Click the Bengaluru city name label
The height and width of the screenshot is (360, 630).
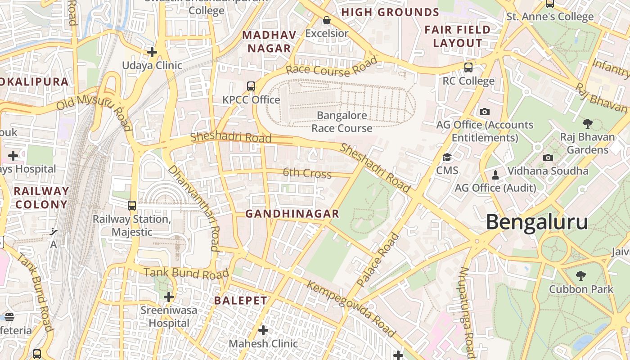pos(536,222)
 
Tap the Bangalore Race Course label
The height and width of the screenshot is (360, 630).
pos(342,121)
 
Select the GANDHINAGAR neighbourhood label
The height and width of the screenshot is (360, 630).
pos(292,214)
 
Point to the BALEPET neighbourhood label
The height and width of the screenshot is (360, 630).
pos(240,301)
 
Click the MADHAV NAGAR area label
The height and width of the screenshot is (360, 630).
pos(270,42)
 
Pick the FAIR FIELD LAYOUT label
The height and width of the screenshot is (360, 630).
pos(457,36)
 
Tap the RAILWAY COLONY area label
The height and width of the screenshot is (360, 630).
pos(41,198)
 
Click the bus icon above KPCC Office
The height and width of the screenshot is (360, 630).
pos(251,86)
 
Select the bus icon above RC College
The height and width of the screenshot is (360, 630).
pos(468,67)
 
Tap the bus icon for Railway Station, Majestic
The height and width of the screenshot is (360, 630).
pos(132,206)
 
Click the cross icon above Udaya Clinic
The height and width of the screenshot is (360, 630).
pos(152,52)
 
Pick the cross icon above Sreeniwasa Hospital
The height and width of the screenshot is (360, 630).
pos(169,297)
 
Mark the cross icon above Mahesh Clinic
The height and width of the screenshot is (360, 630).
pos(263,331)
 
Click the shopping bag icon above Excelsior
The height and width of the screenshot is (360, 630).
pos(327,20)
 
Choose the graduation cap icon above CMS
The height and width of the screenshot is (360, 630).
pos(447,157)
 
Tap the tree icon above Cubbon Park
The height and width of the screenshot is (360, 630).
pos(581,275)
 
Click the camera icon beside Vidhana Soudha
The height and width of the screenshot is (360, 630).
pos(548,157)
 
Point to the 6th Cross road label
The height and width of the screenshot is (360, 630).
pos(307,173)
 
